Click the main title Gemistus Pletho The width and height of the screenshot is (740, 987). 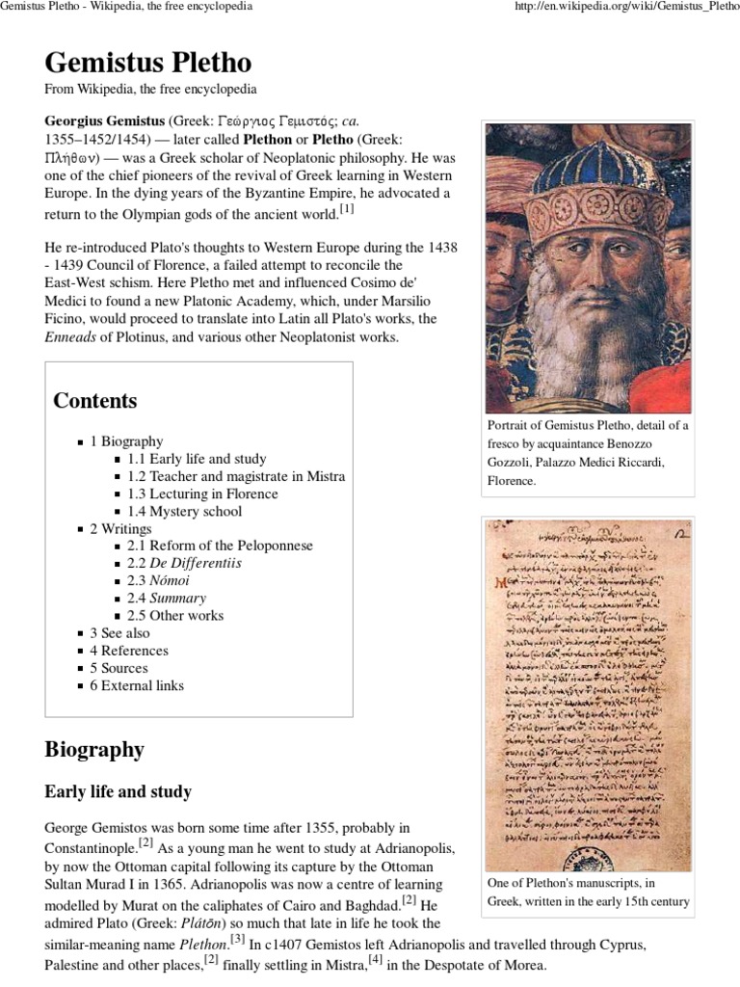[x=147, y=64]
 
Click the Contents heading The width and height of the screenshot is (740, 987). [x=94, y=401]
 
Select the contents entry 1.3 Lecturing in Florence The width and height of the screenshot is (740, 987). [x=202, y=493]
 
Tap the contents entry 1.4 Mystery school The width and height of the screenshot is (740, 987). [x=185, y=511]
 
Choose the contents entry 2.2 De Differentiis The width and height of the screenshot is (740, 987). [x=184, y=563]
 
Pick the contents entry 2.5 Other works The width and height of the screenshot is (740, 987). [x=175, y=615]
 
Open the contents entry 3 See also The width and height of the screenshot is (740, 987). [x=119, y=633]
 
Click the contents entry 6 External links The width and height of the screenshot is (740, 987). [x=137, y=685]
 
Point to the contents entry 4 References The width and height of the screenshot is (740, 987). [x=129, y=651]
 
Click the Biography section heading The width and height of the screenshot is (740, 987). [x=93, y=749]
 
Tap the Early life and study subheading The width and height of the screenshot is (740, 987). [x=118, y=792]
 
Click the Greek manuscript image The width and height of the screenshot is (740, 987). [x=588, y=694]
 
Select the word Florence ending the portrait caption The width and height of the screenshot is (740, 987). [x=511, y=480]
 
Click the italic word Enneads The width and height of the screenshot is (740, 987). [x=73, y=337]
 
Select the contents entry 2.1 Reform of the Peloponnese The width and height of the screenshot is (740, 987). [x=220, y=546]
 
